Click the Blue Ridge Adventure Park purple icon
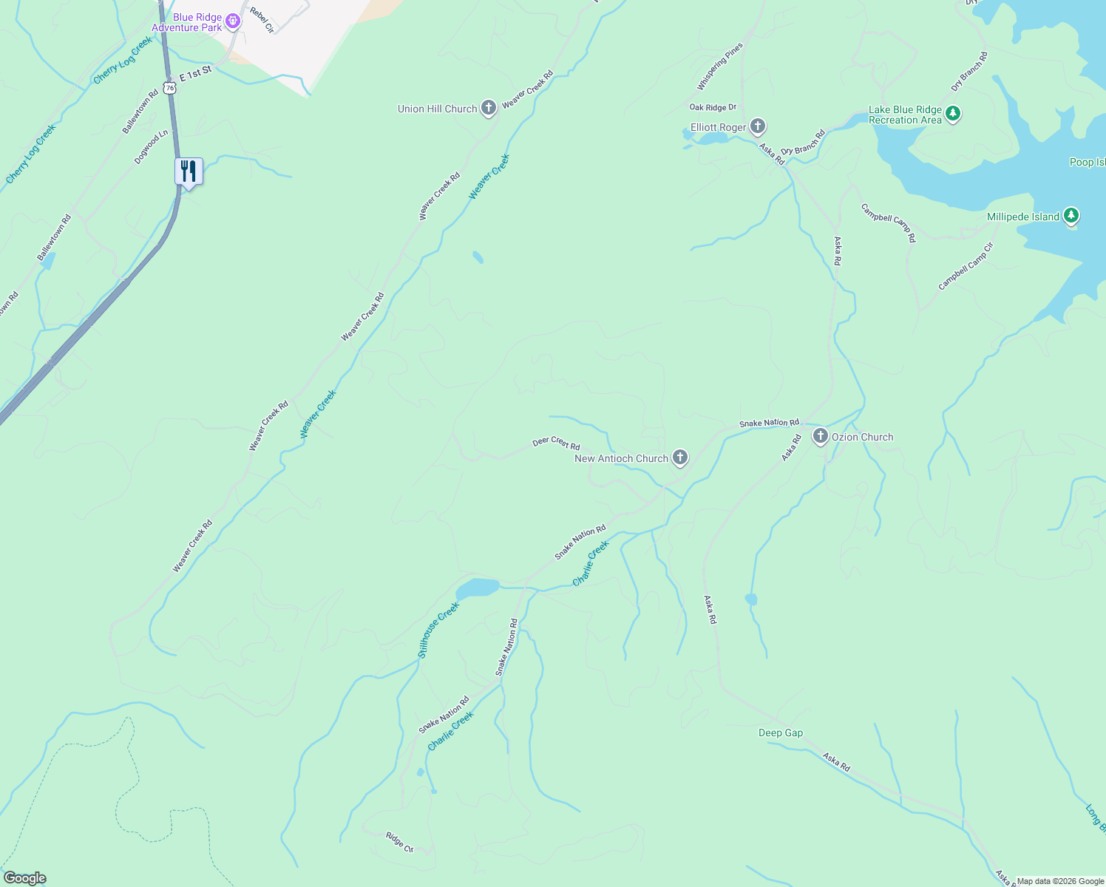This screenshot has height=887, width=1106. (233, 21)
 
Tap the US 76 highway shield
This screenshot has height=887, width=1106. (171, 88)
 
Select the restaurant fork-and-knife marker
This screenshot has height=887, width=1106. (189, 172)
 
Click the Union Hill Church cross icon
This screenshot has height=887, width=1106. (488, 109)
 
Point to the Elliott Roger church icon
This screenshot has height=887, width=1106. (757, 127)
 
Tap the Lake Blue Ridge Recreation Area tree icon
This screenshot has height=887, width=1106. (953, 114)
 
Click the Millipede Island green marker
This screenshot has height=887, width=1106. (1071, 217)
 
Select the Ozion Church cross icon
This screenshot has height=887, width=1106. (820, 437)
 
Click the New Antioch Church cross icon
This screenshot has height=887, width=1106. (679, 458)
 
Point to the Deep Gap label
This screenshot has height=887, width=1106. (781, 733)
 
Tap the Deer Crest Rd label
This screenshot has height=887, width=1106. (556, 443)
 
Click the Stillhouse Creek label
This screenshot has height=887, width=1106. (438, 630)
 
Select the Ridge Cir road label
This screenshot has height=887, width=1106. (399, 843)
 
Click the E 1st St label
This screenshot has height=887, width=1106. (195, 73)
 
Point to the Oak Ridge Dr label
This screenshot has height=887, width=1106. (713, 108)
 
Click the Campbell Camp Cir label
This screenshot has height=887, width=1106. (965, 267)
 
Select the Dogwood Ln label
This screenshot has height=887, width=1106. (152, 147)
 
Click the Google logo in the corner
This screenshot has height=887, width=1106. (24, 878)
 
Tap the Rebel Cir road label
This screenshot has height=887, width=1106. (262, 20)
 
